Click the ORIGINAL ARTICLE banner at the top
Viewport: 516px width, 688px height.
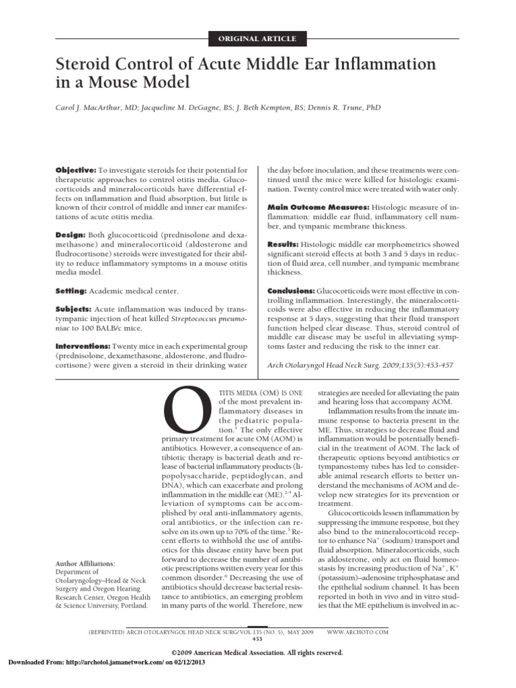257,38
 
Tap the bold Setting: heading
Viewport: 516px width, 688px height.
73,291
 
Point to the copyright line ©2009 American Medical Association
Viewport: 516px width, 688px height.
258,652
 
